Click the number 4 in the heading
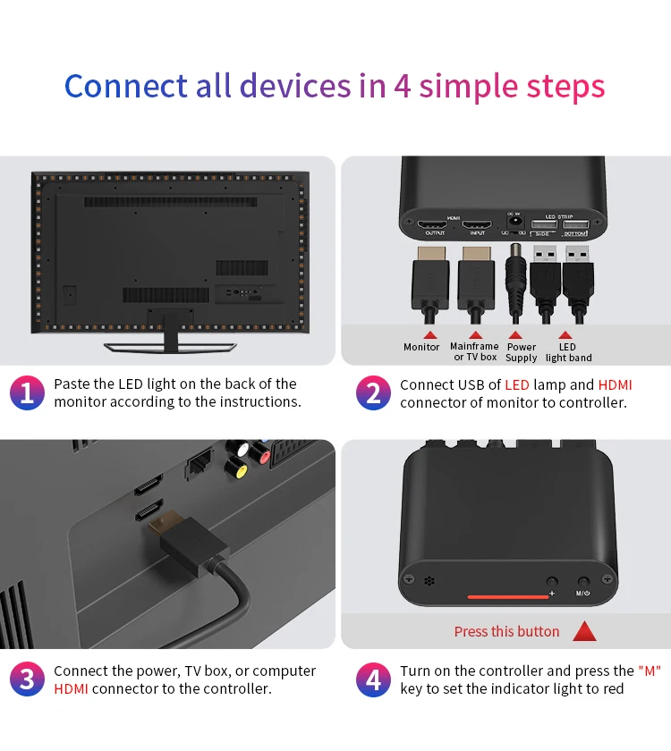click(403, 88)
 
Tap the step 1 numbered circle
click(27, 393)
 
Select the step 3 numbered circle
click(27, 679)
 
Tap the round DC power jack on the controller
click(514, 224)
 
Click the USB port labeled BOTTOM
click(575, 224)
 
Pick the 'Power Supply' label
click(522, 352)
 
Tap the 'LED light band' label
click(568, 352)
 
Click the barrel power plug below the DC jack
click(515, 273)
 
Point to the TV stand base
click(170, 346)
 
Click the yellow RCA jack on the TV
click(236, 466)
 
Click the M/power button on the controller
click(583, 582)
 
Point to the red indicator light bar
click(507, 595)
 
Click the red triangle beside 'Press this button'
click(585, 631)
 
